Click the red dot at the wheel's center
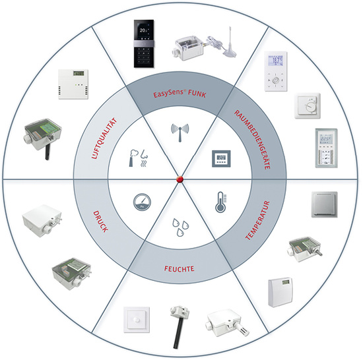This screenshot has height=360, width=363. (x=180, y=179)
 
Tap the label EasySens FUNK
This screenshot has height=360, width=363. (x=180, y=94)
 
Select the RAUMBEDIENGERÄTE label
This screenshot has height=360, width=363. (x=252, y=140)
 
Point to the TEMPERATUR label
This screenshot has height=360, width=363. (x=257, y=220)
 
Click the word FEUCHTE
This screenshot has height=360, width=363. (x=179, y=268)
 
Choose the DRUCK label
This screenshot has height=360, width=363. (x=100, y=222)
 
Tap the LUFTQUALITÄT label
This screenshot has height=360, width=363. (x=104, y=138)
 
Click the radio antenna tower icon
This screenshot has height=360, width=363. (x=180, y=133)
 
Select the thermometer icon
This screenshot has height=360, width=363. (x=221, y=202)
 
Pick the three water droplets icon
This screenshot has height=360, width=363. (x=181, y=227)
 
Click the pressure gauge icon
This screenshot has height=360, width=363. (x=142, y=202)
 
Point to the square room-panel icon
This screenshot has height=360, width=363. (x=221, y=159)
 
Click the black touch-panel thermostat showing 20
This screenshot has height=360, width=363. (x=144, y=44)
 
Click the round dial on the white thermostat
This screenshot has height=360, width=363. (x=310, y=107)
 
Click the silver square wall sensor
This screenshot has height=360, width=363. (x=324, y=204)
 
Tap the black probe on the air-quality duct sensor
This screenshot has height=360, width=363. (x=47, y=152)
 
